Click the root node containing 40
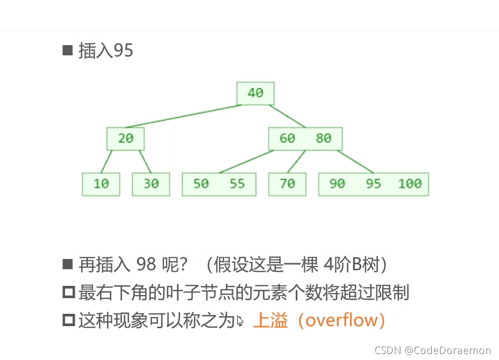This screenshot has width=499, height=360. coord(255,93)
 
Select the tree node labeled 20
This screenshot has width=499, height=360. coord(125,139)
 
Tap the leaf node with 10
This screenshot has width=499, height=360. coord(101,184)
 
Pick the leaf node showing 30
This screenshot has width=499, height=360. coord(151,184)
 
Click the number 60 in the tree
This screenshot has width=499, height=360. coord(287,139)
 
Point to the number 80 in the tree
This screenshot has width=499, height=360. coord(323,139)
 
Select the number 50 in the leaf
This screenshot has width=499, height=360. coord(201,184)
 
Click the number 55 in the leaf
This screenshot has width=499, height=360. coord(237,184)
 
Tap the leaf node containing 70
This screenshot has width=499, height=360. coord(287,184)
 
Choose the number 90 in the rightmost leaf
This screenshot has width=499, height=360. coord(337,184)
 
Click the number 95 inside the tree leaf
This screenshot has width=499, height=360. coord(373,184)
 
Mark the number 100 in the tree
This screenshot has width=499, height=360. coord(410,184)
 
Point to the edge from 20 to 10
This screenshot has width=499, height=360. coord(106,161)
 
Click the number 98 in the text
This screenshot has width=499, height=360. coord(147,265)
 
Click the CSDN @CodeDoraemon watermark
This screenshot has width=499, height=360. coord(432,350)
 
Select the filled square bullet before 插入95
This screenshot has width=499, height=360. coord(68,51)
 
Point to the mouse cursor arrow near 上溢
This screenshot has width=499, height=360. coord(240,321)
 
